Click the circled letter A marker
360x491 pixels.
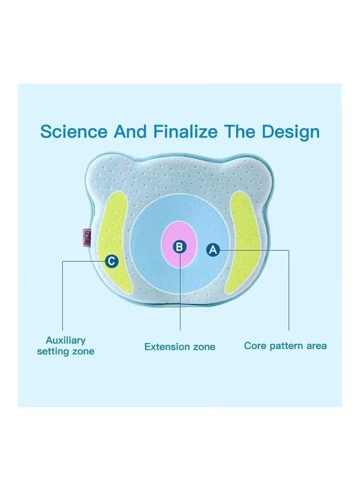tap(213, 250)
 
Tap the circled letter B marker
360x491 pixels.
tap(179, 247)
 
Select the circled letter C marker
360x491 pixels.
tap(111, 261)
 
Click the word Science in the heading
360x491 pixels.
tap(74, 131)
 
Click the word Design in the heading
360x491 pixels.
tap(290, 131)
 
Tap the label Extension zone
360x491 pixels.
tap(179, 346)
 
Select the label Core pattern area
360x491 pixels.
tap(285, 345)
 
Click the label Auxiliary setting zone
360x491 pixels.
tap(65, 346)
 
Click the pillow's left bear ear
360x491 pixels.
tap(101, 169)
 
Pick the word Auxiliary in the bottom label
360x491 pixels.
tap(65, 340)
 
